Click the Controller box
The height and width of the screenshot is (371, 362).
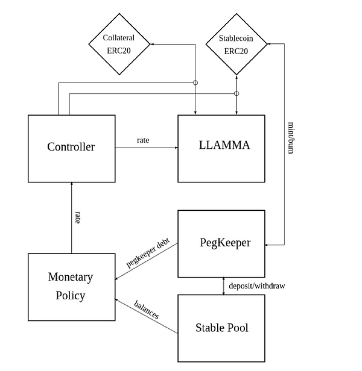point(71,146)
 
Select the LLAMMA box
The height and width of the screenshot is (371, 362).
point(221,146)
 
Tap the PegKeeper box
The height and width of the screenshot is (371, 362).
point(221,243)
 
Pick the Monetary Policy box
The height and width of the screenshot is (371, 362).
point(71,286)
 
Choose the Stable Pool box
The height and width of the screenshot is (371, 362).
point(221,328)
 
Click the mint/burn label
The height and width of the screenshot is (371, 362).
point(291,139)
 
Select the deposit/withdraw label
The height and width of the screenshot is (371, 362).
point(253,286)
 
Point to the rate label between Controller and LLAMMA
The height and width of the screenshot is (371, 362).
point(144,140)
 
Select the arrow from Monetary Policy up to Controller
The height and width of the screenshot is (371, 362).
point(71,217)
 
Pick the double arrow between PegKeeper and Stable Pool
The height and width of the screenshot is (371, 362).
point(224,286)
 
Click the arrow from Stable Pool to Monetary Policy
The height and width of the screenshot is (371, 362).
point(147,317)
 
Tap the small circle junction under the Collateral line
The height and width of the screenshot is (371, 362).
point(195,83)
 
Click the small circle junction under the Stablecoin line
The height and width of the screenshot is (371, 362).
point(237,93)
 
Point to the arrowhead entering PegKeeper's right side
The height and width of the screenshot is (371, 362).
point(269,244)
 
